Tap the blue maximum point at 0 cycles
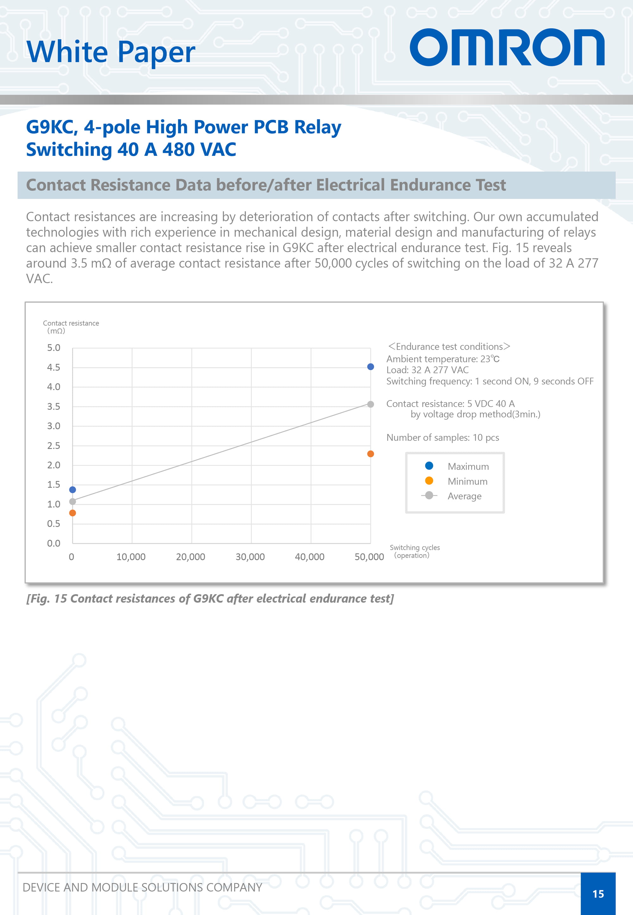click(x=72, y=490)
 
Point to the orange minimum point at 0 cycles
click(x=72, y=513)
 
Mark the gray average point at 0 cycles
click(x=72, y=502)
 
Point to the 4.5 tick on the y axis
click(x=53, y=367)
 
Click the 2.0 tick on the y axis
click(x=53, y=465)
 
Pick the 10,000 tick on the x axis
click(x=131, y=557)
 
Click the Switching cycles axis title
click(x=415, y=551)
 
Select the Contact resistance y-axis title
click(x=71, y=327)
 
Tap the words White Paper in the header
click(x=111, y=52)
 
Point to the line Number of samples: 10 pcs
click(x=442, y=437)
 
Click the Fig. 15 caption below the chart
click(x=210, y=598)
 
